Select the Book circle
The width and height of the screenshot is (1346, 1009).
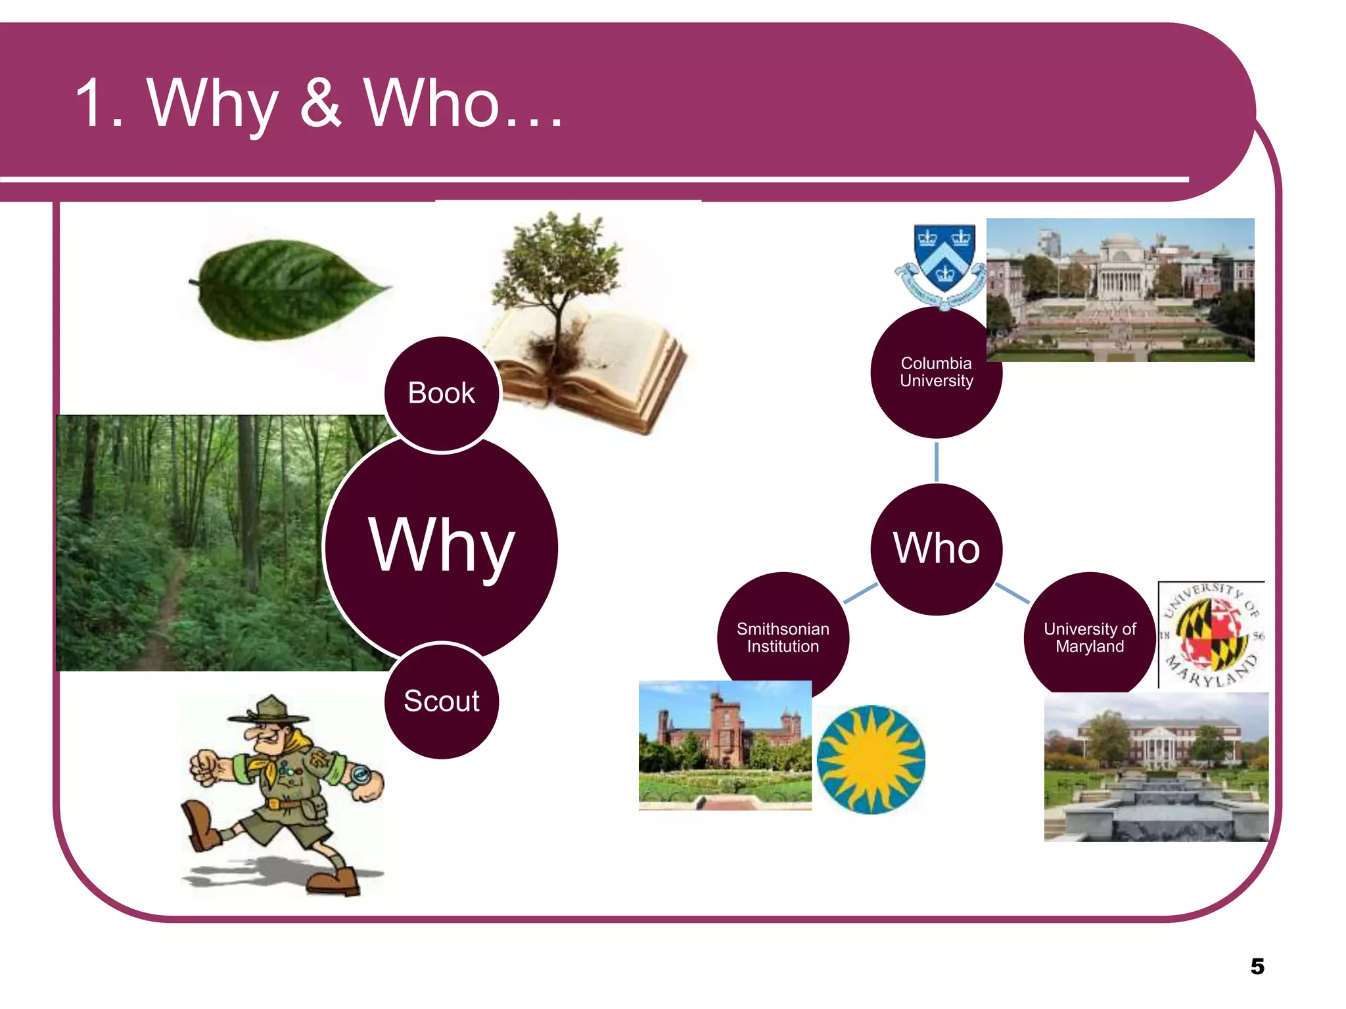coord(442,393)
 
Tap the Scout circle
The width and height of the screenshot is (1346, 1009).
coord(442,701)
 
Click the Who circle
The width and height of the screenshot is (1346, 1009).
coord(936,549)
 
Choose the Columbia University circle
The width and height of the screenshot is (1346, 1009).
coord(936,372)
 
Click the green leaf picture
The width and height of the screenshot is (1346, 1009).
coord(289,289)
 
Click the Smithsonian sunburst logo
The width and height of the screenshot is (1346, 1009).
coord(871,759)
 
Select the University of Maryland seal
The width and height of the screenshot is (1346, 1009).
coord(1211,635)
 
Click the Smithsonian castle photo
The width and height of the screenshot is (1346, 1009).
coord(725,745)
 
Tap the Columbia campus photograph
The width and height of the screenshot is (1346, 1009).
coord(1120,290)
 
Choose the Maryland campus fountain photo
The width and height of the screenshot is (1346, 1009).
coord(1156,767)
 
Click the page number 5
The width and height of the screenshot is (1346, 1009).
coord(1257,966)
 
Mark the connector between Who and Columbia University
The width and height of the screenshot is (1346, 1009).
coord(936,461)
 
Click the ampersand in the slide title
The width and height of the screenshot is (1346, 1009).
coord(321,103)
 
